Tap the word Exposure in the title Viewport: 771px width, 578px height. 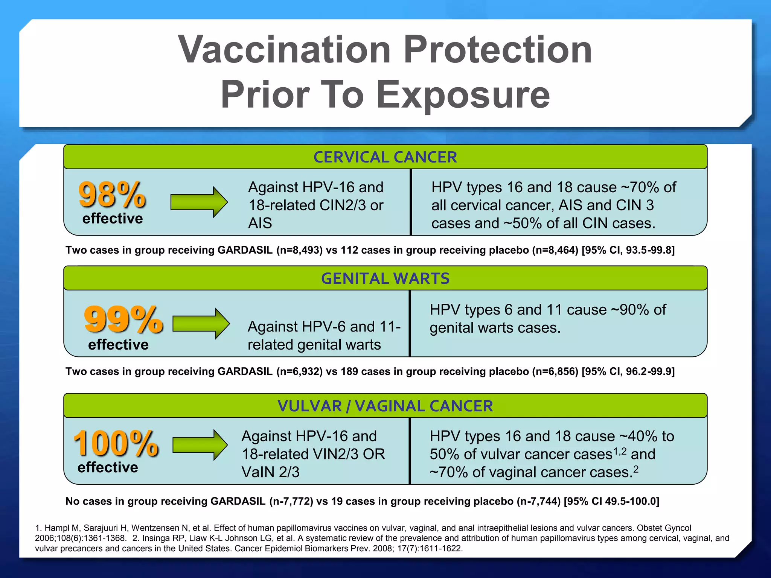[x=463, y=95]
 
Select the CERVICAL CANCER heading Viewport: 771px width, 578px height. [x=385, y=157]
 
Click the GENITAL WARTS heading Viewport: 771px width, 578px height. [x=385, y=279]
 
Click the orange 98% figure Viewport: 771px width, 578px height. [x=112, y=195]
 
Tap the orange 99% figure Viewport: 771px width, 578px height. [x=123, y=319]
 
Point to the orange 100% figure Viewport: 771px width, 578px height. [x=116, y=444]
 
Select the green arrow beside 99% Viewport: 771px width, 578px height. [x=201, y=323]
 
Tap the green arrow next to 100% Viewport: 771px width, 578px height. [x=200, y=445]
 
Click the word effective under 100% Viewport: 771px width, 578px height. [x=108, y=467]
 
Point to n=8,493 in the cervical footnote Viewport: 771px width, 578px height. [x=299, y=250]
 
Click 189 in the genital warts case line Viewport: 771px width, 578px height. [x=349, y=372]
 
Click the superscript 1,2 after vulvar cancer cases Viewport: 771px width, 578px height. [x=620, y=451]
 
